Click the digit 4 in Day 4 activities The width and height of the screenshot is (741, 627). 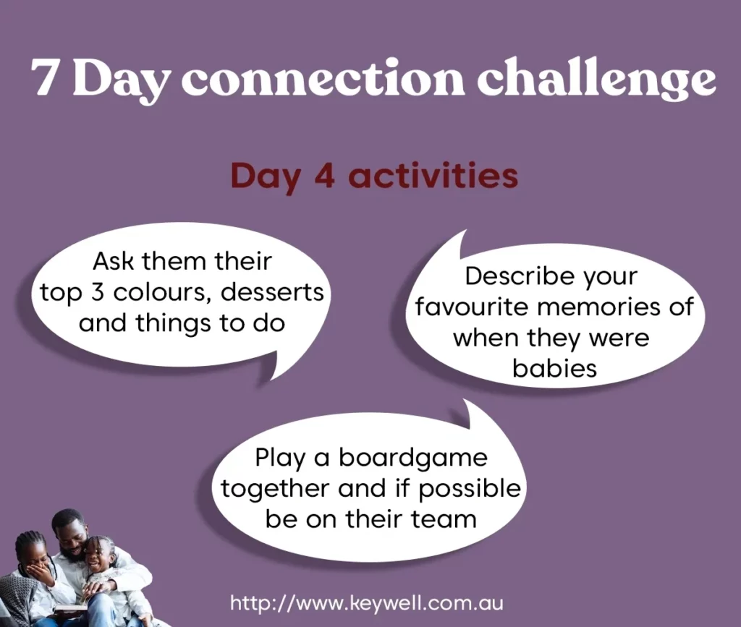pyautogui.click(x=324, y=175)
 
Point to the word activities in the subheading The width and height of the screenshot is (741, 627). pyautogui.click(x=433, y=175)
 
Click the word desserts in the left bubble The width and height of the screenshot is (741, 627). pyautogui.click(x=272, y=292)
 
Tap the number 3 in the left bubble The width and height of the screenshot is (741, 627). pyautogui.click(x=98, y=293)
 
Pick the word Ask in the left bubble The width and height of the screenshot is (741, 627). pyautogui.click(x=113, y=261)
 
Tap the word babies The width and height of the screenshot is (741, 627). pyautogui.click(x=554, y=368)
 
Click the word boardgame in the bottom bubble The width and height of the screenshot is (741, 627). pyautogui.click(x=413, y=458)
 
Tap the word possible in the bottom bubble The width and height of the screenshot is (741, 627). pyautogui.click(x=469, y=489)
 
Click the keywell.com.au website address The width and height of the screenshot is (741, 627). pyautogui.click(x=367, y=603)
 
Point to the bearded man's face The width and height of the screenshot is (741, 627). pyautogui.click(x=72, y=538)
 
